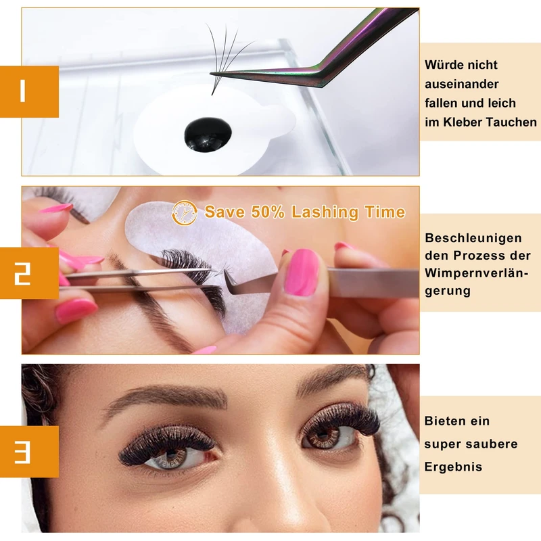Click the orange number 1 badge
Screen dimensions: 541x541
click(x=29, y=91)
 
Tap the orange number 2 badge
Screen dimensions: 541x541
click(x=29, y=273)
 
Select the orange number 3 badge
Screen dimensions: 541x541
click(x=29, y=451)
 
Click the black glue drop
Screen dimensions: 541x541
click(x=208, y=134)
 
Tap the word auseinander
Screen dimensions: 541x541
click(x=462, y=84)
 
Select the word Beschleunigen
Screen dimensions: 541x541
click(x=473, y=238)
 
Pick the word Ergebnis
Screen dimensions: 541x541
click(x=453, y=467)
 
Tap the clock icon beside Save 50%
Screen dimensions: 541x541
click(x=185, y=213)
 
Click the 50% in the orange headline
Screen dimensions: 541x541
click(x=267, y=212)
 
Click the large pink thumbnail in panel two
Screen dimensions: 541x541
click(x=302, y=273)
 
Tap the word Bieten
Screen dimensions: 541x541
click(x=443, y=421)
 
